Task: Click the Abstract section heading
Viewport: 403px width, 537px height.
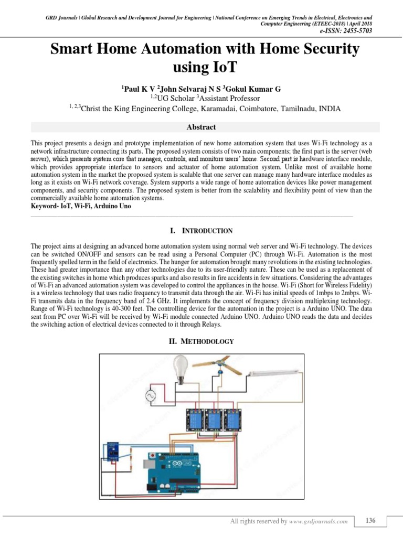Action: click(201, 127)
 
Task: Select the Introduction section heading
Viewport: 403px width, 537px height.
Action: click(201, 231)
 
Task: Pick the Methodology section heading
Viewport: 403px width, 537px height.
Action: click(201, 342)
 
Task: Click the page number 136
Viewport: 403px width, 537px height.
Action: click(370, 521)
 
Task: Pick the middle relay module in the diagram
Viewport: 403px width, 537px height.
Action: click(213, 419)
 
